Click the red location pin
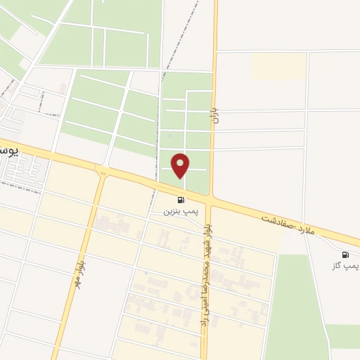(x=181, y=165)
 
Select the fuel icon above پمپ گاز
(x=345, y=255)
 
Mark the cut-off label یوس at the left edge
(x=8, y=150)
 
